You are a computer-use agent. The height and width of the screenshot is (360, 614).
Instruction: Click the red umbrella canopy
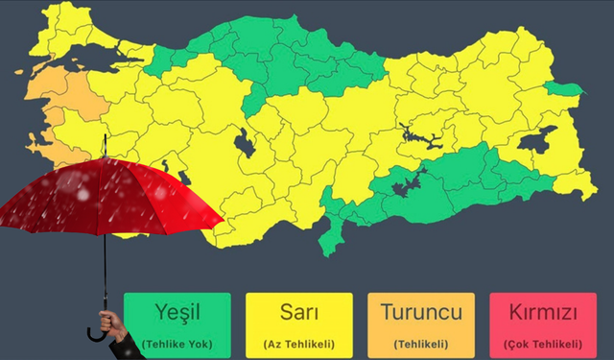coord(106,197)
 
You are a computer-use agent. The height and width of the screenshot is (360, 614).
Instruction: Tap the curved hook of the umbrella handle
coord(95,334)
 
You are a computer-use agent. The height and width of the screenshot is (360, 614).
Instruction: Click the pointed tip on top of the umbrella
coord(103,144)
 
